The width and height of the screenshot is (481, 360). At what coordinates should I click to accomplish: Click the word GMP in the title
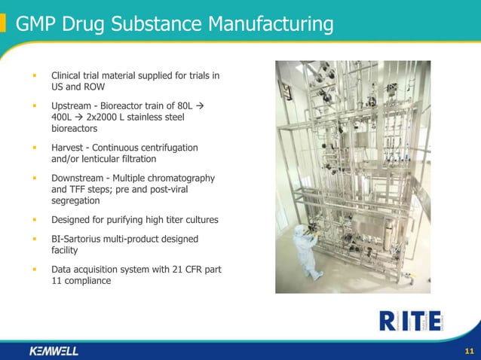35,24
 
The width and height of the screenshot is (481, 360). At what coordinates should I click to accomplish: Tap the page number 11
469,351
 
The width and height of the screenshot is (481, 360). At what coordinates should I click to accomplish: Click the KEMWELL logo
54,351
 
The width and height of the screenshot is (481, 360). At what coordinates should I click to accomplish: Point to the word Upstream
72,106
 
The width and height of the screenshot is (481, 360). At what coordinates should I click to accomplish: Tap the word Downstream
78,178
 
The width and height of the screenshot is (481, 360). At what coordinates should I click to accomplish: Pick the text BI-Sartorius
78,239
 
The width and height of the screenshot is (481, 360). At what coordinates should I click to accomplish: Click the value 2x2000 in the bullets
103,117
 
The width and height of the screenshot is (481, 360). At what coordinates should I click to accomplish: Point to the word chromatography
179,178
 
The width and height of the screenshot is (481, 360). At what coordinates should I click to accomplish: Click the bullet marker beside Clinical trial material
34,76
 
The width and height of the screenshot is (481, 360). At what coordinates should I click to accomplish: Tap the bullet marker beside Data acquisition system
34,270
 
